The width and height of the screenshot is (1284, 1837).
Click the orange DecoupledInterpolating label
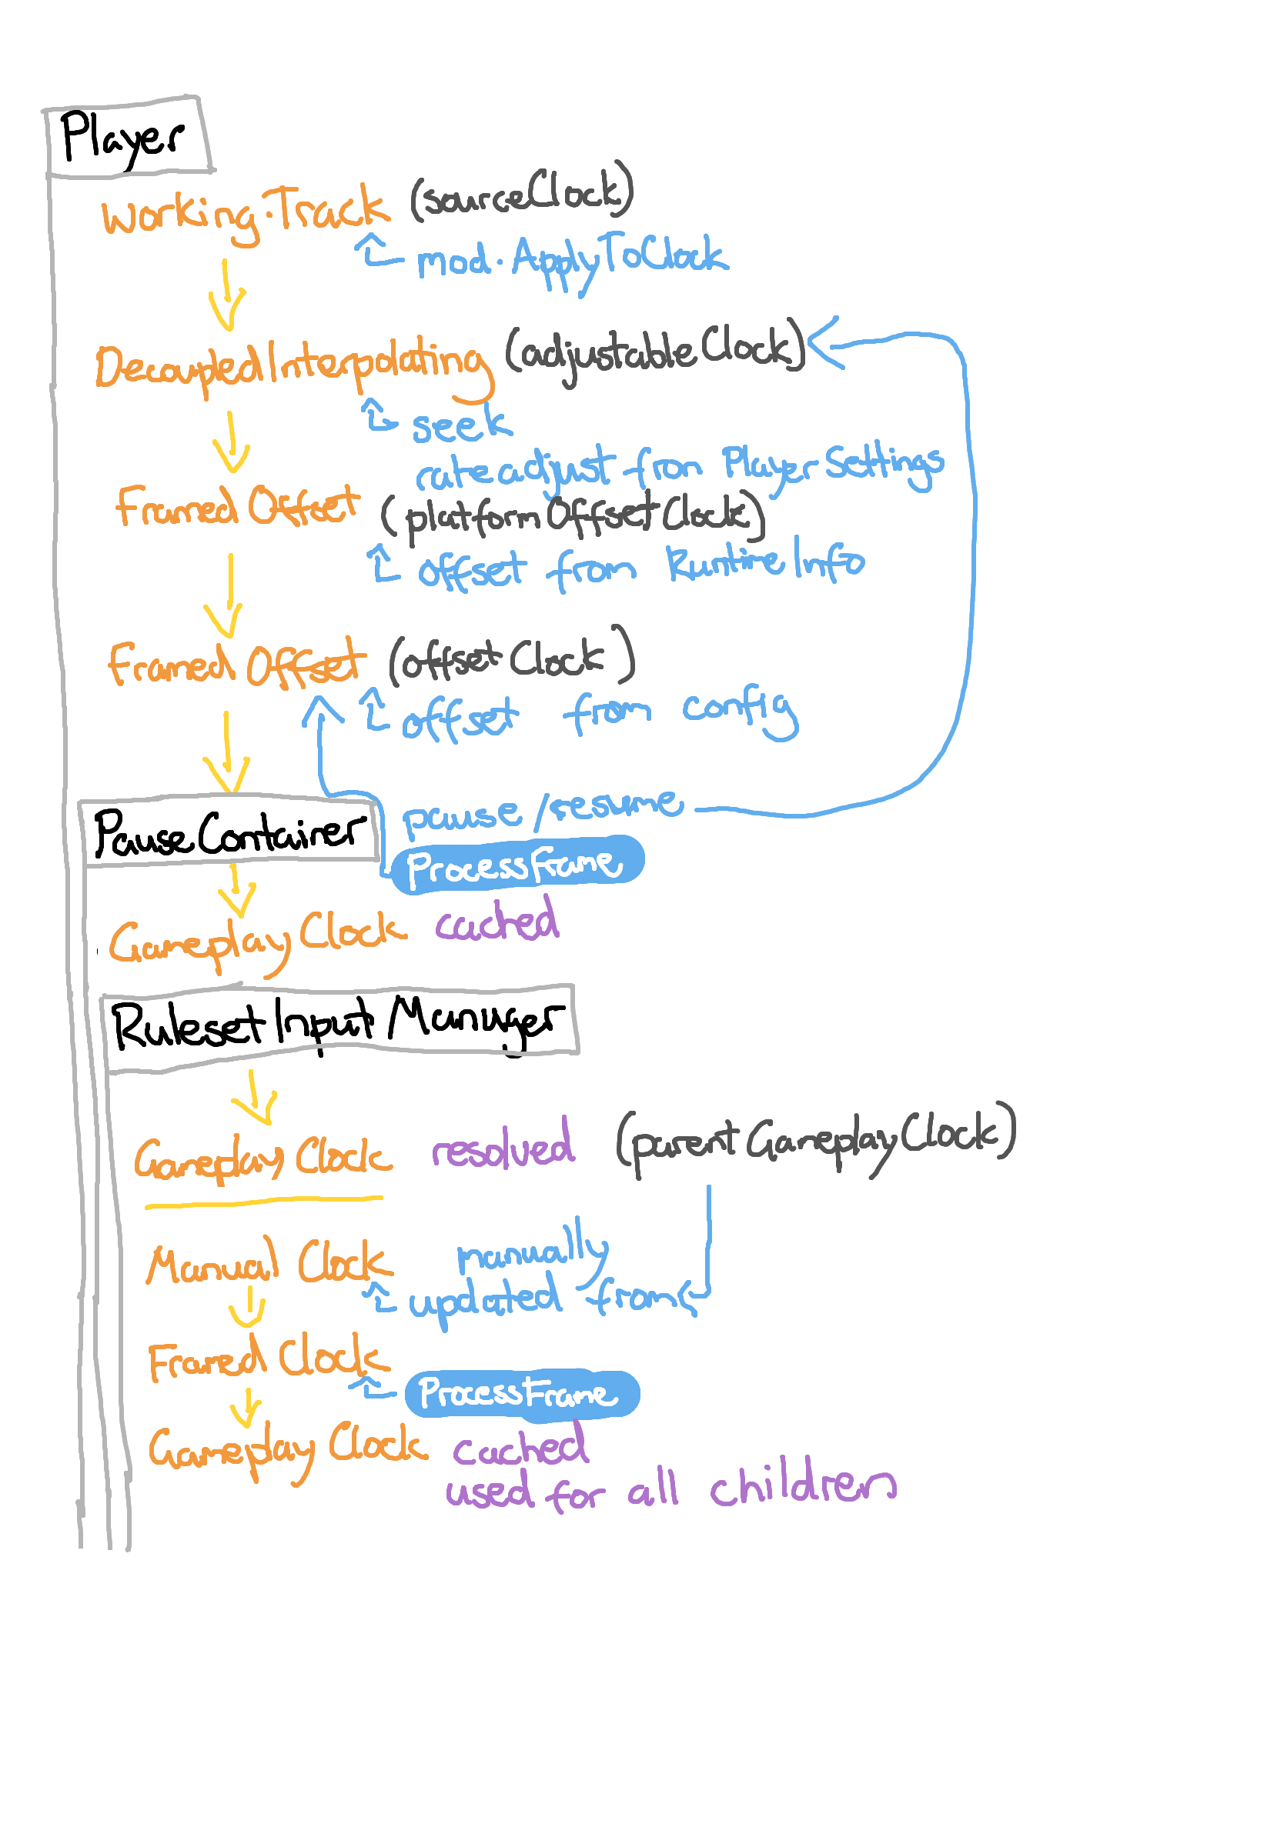point(293,365)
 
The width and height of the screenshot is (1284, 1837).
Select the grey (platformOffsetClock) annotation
point(573,516)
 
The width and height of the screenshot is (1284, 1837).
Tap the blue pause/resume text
point(543,812)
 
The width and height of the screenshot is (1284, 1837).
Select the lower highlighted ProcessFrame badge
point(521,1393)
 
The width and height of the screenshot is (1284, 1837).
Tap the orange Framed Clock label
point(267,1359)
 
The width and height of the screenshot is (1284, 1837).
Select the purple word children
point(802,1485)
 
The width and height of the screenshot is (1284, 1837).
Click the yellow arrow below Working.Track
point(226,296)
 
